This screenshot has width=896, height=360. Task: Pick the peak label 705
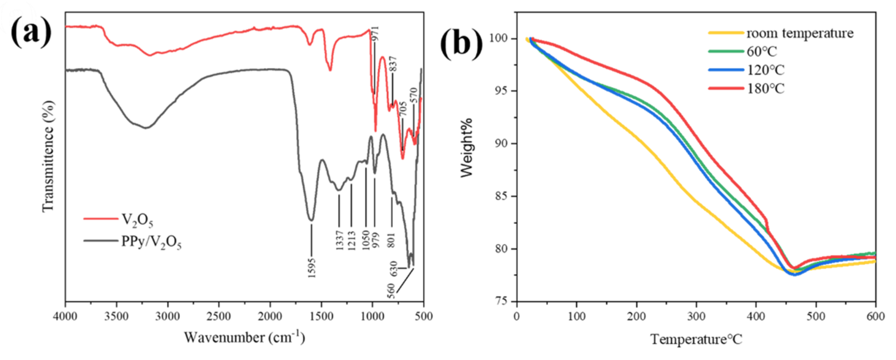point(402,109)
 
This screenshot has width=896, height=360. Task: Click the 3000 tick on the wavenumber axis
point(168,316)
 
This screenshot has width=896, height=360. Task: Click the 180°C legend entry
point(766,89)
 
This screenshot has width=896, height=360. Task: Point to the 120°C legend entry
point(766,70)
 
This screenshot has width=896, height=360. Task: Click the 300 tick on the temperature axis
point(696,316)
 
